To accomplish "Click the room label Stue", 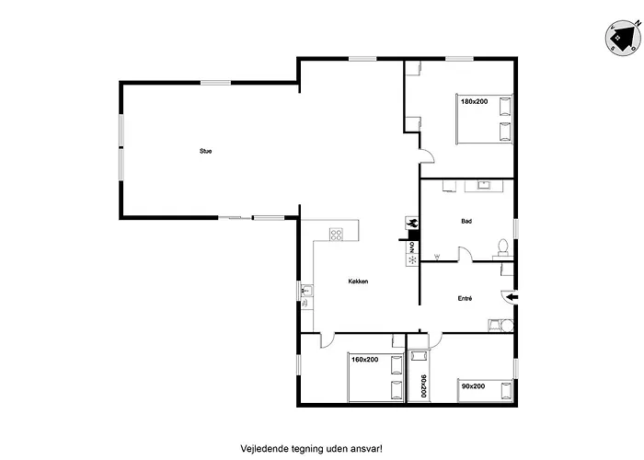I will pos(205,151).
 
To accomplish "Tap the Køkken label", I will pos(359,282).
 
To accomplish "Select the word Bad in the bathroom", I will pos(466,222).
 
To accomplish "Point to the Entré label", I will pos(466,299).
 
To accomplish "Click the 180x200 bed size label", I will pos(474,101).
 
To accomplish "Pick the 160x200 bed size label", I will pos(364,360).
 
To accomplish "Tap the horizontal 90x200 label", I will pos(473,386).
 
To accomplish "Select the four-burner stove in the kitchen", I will pos(337,234).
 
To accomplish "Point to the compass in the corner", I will pos(622,36).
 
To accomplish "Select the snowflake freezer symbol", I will pos(410,259).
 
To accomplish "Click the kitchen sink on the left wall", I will pos(306,293).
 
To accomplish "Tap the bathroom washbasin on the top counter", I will pos(482,186).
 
